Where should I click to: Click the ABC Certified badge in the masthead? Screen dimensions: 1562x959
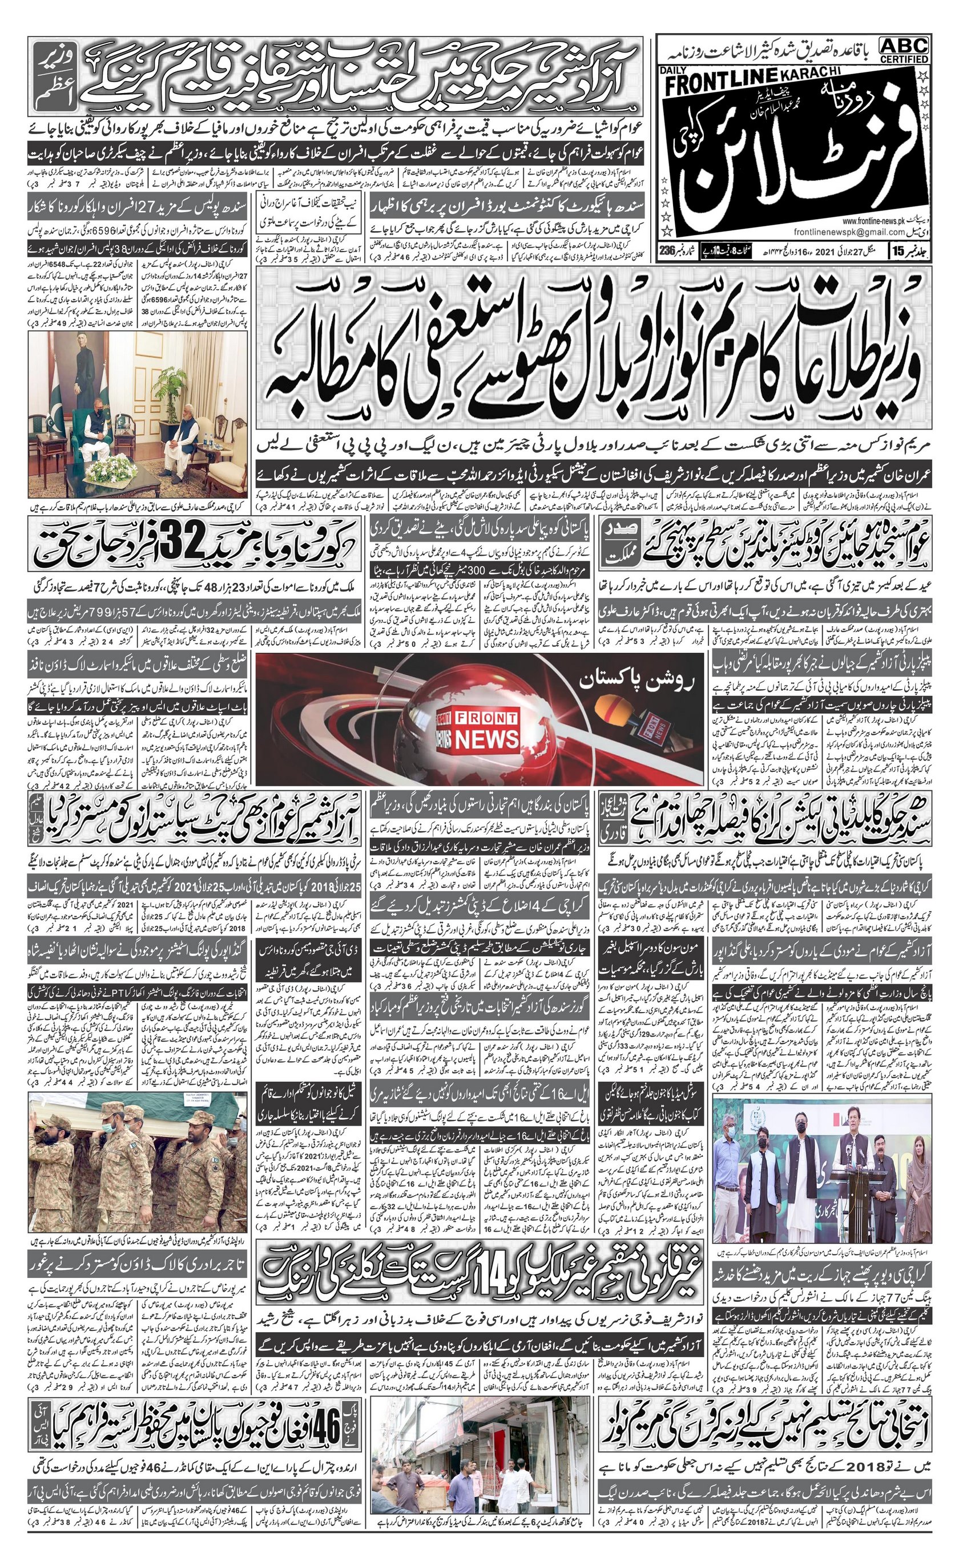[x=904, y=50]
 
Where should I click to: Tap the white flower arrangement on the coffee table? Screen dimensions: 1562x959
[x=113, y=468]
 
